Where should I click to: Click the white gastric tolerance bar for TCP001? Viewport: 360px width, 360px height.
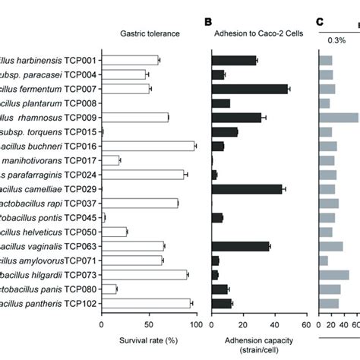tap(130, 60)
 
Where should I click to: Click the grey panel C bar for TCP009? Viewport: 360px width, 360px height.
tap(339, 117)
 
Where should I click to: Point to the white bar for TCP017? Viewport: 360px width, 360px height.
tap(111, 160)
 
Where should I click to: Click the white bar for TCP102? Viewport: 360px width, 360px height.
tap(147, 303)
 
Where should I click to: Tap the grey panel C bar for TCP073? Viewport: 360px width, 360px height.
tap(334, 274)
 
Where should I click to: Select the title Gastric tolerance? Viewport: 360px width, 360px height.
tap(149, 33)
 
